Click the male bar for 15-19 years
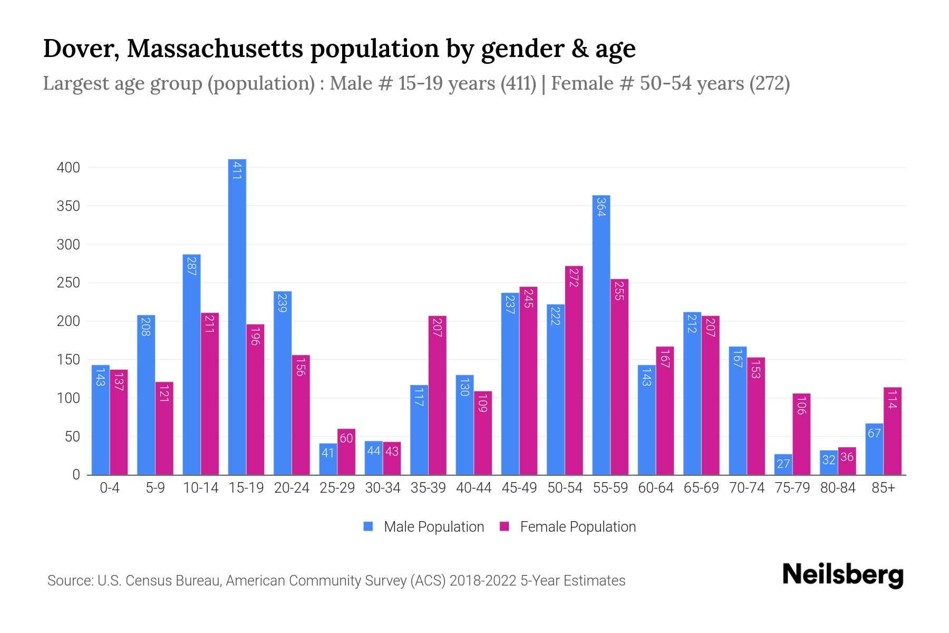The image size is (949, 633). point(237,316)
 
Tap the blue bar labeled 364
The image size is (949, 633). point(601,335)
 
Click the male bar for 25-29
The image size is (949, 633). point(328,459)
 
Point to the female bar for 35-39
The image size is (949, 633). point(437,396)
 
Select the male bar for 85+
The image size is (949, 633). point(874,449)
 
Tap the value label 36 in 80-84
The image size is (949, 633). point(847,457)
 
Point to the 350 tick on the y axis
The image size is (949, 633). point(68,206)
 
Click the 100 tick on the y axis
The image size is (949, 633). point(68,398)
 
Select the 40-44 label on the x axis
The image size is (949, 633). point(473,488)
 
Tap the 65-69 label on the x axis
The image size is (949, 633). point(701,488)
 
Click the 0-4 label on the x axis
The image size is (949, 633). point(110,488)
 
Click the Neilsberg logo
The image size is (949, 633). point(843,575)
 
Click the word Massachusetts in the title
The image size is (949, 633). point(215,49)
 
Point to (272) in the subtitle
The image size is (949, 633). point(770,83)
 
